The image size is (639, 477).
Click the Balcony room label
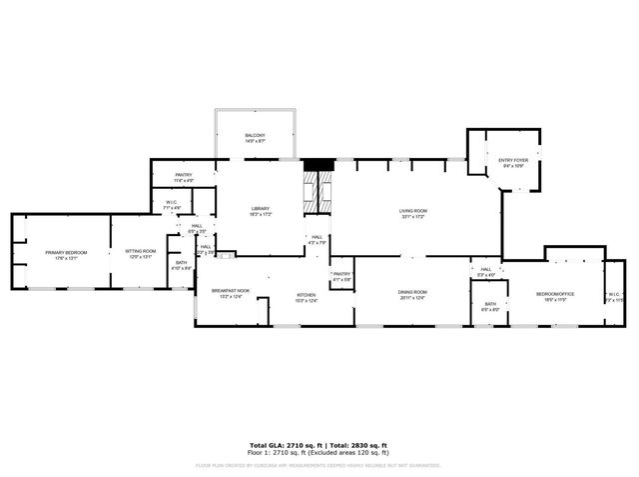click(255, 139)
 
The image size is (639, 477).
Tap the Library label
click(261, 211)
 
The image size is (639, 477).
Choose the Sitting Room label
click(140, 254)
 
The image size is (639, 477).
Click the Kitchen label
click(306, 297)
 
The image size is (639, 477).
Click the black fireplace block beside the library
click(317, 165)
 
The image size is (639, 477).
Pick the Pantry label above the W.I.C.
click(184, 177)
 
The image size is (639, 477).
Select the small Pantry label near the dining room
click(342, 276)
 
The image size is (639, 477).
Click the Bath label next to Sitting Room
click(181, 266)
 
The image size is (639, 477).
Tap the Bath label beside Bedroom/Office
click(490, 306)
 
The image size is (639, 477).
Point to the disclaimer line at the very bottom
click(319, 465)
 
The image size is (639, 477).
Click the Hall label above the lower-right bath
click(485, 271)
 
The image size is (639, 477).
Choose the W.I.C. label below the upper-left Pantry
click(172, 205)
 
